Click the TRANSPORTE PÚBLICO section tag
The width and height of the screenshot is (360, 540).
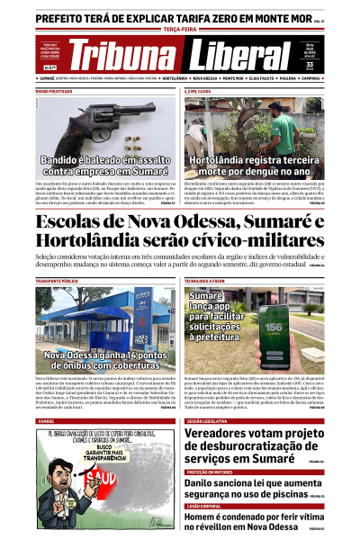point(57,282)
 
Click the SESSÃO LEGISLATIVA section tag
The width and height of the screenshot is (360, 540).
point(208,420)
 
